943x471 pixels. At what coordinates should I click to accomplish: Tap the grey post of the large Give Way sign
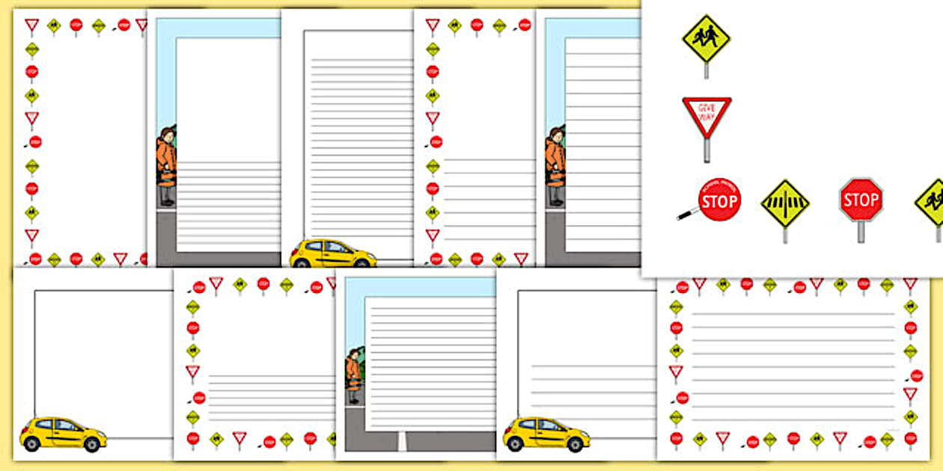pos(707,150)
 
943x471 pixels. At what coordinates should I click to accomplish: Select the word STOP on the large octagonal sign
pos(861,200)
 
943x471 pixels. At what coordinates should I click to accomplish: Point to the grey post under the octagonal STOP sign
pos(861,231)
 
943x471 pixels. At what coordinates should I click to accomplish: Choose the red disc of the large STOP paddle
pos(719,200)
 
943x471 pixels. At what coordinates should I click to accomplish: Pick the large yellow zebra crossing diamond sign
pos(785,203)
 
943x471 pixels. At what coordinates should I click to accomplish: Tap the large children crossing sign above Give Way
pos(706,38)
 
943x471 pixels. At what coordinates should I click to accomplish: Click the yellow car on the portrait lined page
pos(333,253)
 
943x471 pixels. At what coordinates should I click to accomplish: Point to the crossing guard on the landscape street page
pos(353,378)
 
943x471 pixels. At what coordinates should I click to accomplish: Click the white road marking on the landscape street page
pos(402,441)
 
